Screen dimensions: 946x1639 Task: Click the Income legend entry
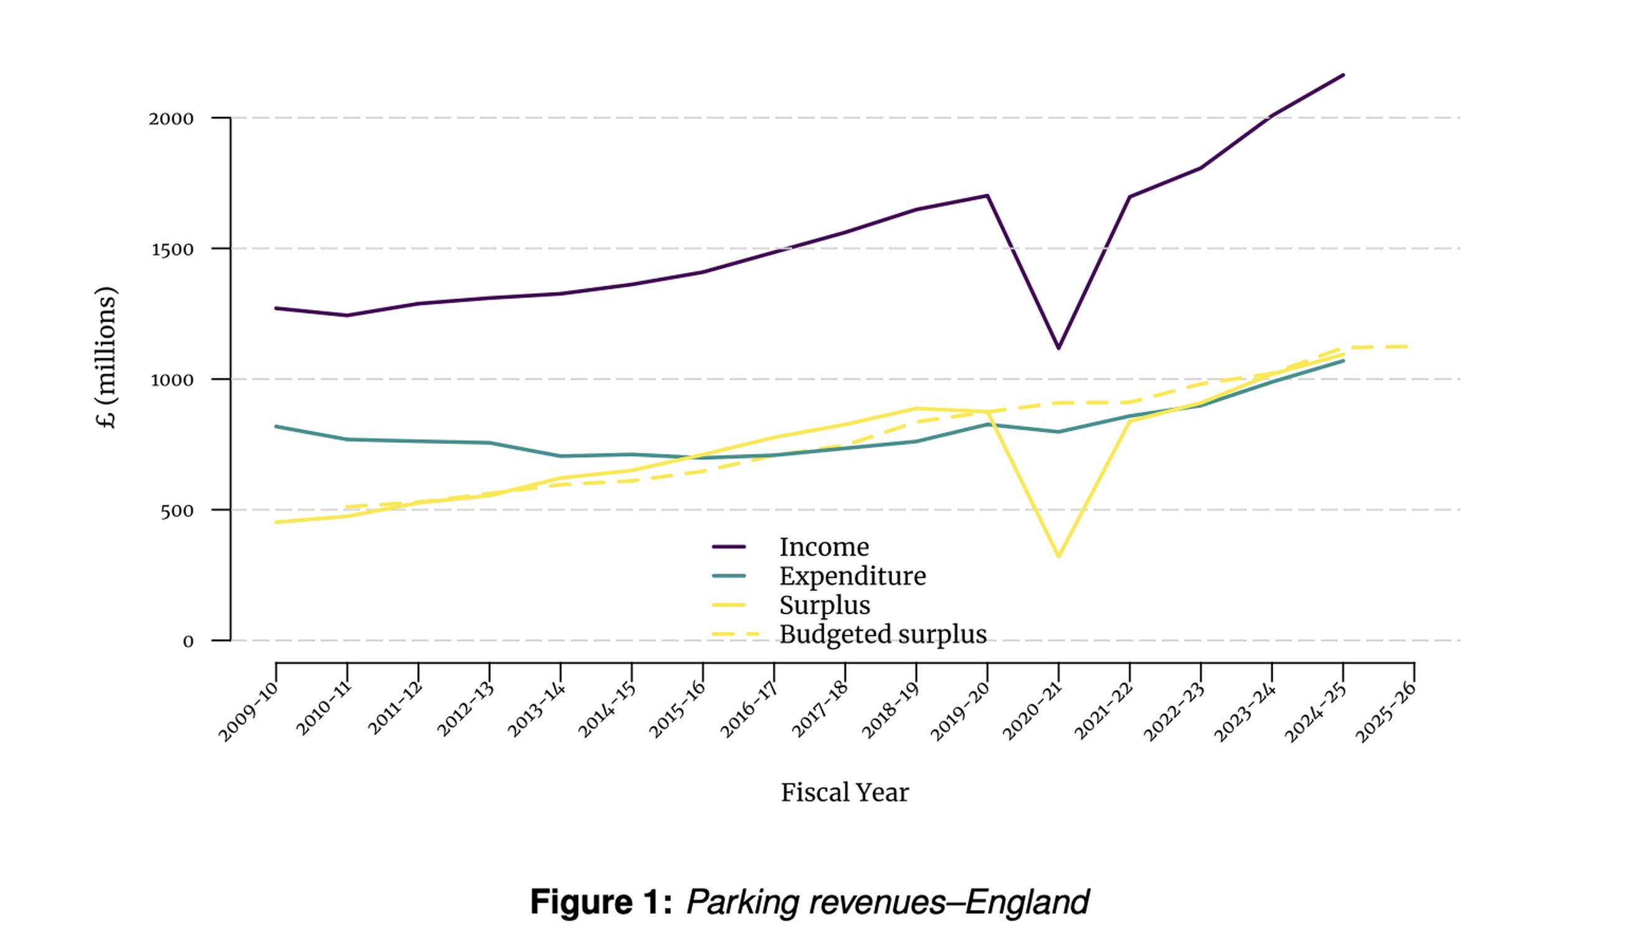click(824, 547)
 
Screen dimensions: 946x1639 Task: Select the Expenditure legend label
click(852, 576)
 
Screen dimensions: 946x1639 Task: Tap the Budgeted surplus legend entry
click(882, 634)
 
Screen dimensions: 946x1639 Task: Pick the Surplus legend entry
click(824, 605)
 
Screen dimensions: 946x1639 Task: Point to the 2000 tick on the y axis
click(171, 119)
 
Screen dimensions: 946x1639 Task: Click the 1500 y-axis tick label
click(172, 250)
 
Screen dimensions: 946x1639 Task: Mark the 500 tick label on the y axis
click(177, 511)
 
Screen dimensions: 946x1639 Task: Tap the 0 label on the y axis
click(188, 642)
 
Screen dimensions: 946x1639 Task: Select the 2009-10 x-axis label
click(247, 711)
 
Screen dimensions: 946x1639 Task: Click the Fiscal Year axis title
click(844, 793)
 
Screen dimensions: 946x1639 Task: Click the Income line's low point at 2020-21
click(1058, 348)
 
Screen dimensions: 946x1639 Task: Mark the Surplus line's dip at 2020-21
click(1058, 556)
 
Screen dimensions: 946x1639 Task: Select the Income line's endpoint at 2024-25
click(1343, 75)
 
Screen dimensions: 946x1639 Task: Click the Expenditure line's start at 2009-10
click(276, 426)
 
